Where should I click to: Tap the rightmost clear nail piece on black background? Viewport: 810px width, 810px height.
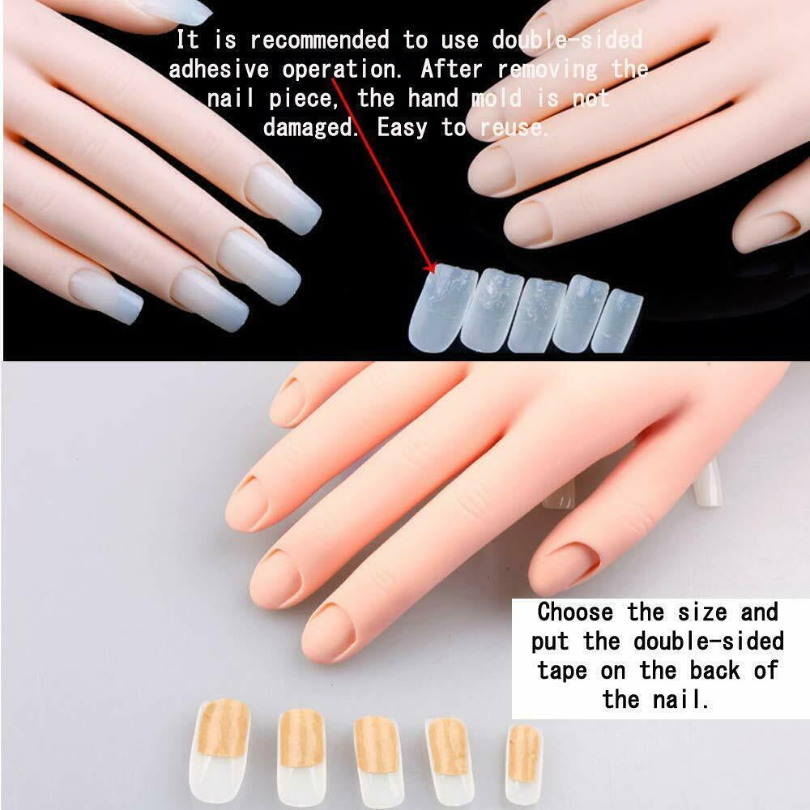tap(617, 321)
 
